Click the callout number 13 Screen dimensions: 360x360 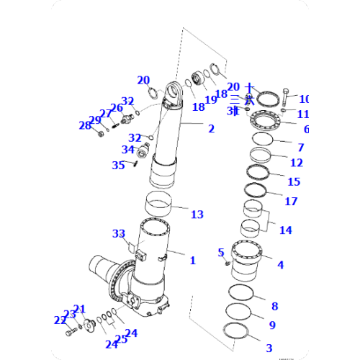pos(197,215)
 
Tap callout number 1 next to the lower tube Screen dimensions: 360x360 pos(192,260)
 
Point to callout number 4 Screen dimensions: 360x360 pos(280,265)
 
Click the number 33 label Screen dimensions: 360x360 pos(118,233)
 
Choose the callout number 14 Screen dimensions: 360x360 pos(286,230)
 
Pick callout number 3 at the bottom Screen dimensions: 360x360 pos(269,348)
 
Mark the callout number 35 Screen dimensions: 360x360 pos(118,165)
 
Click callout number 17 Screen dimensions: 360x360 pos(291,201)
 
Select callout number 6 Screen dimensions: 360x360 pos(306,130)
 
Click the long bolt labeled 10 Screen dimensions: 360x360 pos(287,95)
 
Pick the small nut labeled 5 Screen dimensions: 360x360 pos(226,263)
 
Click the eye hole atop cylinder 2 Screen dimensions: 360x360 pos(174,91)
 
